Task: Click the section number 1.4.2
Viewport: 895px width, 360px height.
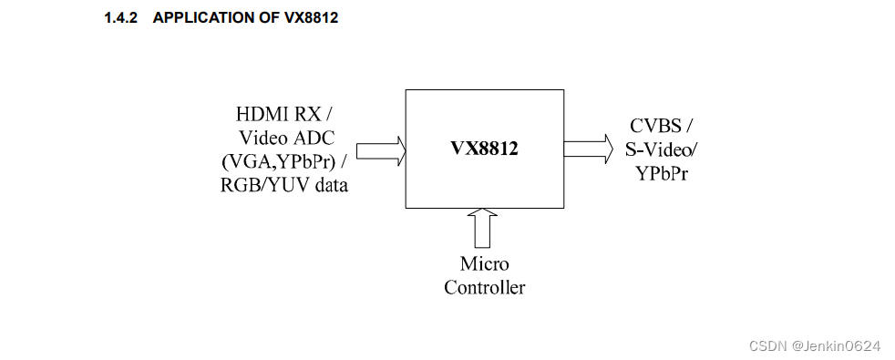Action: point(122,18)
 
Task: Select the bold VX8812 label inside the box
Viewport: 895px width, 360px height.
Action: point(484,149)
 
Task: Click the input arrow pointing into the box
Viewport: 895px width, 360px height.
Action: point(380,150)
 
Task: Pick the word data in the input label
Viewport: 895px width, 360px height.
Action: point(329,186)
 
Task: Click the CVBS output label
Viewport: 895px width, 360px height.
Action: point(655,126)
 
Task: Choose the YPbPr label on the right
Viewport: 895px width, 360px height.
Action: point(662,173)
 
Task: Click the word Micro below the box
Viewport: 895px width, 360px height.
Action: point(484,264)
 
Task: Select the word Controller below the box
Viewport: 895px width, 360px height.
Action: point(484,288)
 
